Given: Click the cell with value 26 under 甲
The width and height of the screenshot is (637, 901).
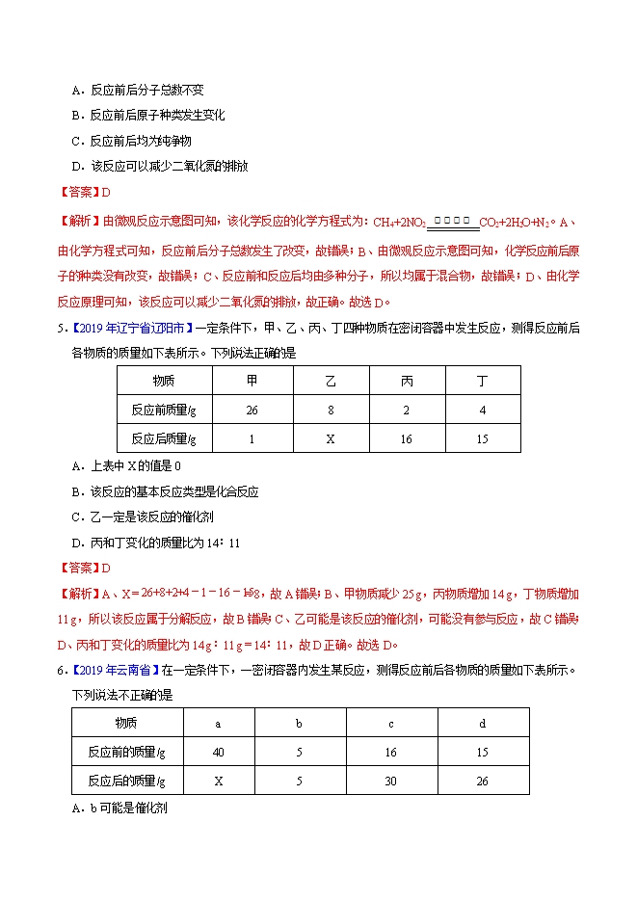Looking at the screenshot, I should (x=252, y=409).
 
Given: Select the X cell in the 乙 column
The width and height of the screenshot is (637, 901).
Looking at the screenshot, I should (x=330, y=438).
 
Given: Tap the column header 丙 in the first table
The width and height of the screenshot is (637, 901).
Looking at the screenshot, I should (x=407, y=381).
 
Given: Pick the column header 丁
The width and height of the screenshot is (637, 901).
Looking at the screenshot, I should (x=482, y=381).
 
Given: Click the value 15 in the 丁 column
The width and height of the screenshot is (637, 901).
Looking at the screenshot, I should (x=482, y=438).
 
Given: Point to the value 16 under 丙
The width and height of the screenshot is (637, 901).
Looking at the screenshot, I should (x=407, y=438).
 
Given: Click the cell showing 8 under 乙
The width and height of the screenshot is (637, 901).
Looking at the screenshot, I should (x=330, y=409).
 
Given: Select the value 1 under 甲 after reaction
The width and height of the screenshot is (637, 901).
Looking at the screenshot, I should (x=252, y=438).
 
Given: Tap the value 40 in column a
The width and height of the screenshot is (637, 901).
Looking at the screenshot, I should (x=218, y=752).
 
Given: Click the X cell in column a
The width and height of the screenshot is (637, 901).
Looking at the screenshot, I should (x=218, y=781).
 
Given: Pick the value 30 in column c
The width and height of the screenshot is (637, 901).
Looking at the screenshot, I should (x=390, y=781).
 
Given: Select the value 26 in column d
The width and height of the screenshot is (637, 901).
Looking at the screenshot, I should (x=482, y=781).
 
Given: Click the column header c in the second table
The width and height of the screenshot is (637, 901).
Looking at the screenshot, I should (x=390, y=723).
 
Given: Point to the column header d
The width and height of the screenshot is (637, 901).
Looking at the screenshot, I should (x=482, y=723).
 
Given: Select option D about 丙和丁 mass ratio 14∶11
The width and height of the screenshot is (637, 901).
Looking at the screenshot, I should (x=156, y=543).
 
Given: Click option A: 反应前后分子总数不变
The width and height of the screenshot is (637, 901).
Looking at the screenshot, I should (x=139, y=91).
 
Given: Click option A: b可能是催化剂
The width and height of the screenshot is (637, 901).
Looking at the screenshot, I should (x=120, y=808).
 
